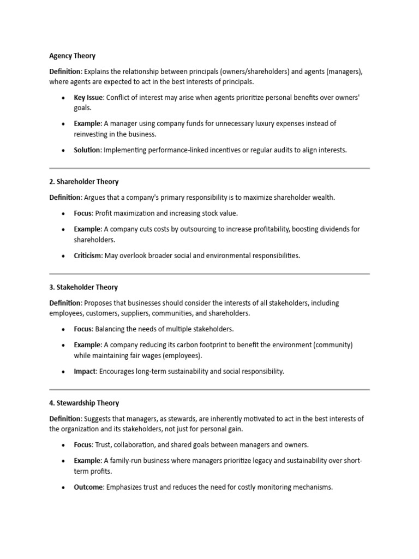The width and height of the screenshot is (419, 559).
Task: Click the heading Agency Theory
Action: [72, 56]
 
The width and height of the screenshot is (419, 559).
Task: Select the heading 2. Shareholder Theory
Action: [83, 182]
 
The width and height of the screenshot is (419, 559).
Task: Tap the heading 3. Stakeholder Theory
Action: [83, 287]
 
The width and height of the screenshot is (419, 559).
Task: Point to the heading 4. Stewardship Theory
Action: [84, 403]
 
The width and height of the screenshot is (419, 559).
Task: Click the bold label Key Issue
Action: [89, 98]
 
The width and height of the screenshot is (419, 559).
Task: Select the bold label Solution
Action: [87, 150]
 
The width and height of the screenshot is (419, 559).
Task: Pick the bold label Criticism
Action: [88, 255]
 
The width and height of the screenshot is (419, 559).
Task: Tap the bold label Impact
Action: [85, 371]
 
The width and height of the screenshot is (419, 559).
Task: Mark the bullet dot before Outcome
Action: [63, 487]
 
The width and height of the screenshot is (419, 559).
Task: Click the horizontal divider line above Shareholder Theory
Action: [209, 168]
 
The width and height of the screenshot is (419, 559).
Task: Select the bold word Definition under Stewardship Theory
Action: [65, 419]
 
